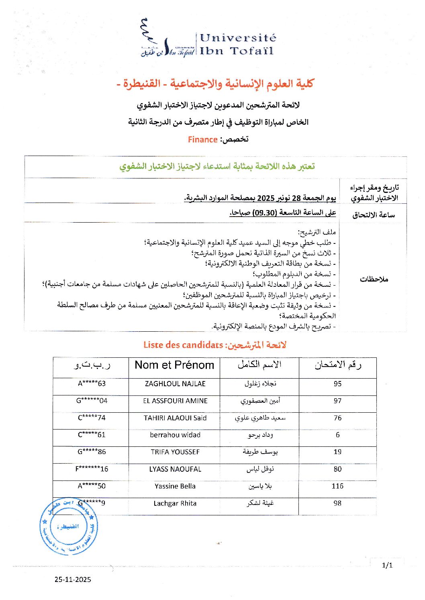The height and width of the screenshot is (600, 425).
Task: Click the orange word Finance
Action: click(x=202, y=140)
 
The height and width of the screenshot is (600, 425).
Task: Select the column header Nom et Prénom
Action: click(x=174, y=365)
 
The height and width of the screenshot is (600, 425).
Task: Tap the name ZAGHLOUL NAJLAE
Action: click(x=175, y=384)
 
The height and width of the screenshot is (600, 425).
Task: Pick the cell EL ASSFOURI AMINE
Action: click(x=175, y=401)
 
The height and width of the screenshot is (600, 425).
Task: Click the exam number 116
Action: click(x=337, y=486)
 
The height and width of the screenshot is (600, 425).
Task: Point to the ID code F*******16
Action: click(x=92, y=469)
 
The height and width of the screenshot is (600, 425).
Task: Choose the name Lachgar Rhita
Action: click(x=175, y=503)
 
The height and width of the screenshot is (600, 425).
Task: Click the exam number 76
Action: click(x=337, y=418)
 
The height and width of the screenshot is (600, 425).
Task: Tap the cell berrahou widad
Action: click(x=175, y=435)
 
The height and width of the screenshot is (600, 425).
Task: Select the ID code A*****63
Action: click(x=92, y=383)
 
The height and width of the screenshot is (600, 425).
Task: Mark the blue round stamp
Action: click(x=69, y=526)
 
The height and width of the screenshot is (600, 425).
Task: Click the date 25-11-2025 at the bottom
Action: click(x=73, y=580)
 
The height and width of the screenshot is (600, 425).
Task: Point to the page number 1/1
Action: click(x=387, y=566)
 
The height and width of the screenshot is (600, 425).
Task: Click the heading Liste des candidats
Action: click(x=183, y=345)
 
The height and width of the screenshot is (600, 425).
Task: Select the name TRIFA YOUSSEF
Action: click(x=175, y=452)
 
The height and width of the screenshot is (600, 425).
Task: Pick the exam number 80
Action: click(x=337, y=469)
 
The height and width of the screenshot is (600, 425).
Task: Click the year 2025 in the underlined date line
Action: click(x=266, y=198)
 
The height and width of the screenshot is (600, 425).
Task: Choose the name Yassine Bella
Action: click(x=175, y=486)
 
